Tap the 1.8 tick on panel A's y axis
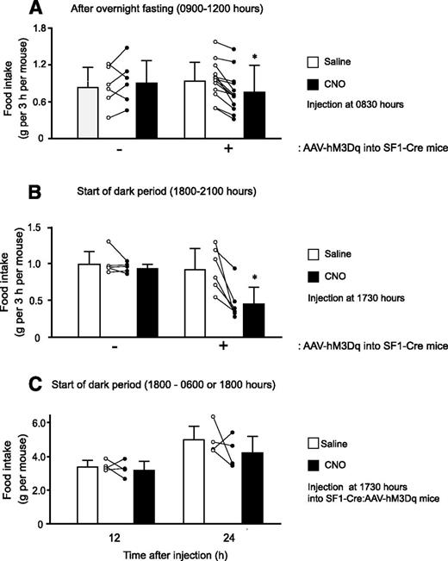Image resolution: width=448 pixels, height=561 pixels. [37, 28]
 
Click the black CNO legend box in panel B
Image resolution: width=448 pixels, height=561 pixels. [314, 275]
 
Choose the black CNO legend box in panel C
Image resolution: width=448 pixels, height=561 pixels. [314, 467]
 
